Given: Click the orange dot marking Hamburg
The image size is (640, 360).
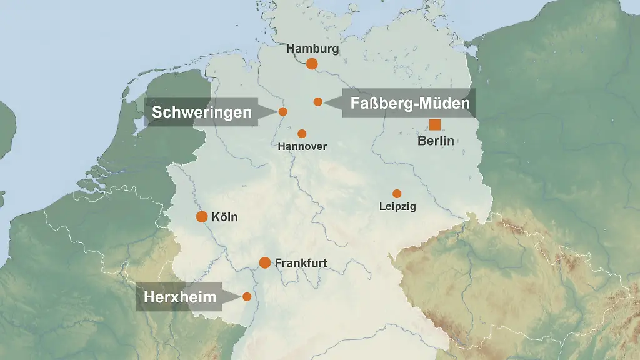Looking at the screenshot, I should pos(312,63).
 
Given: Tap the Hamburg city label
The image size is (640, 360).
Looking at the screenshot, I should pos(312,49).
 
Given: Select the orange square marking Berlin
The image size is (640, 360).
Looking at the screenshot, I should pos(435,124).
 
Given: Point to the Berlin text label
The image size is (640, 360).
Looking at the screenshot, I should pos(436,141).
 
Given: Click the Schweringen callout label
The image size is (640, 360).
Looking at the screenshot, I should pos(202,112).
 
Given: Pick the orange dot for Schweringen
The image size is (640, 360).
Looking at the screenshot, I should pos(282,111).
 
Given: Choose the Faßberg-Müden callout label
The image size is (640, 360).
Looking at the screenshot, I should pos(409,103).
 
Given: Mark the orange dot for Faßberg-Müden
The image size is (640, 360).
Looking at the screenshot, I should pos(318,101).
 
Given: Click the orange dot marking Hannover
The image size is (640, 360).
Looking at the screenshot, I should pos(302,134).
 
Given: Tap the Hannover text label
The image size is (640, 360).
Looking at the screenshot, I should pos(302,146).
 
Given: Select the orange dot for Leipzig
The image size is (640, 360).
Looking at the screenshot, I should pos(397,194).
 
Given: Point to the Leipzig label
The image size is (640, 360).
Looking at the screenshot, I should pos(397,206).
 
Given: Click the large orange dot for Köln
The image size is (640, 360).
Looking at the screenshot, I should pos(202,217).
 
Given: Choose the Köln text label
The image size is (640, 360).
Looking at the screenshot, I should pos(225,217).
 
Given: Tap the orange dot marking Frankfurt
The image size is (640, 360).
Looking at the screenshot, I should pos(265,262).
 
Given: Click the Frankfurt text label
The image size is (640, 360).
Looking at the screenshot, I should pos(301,263).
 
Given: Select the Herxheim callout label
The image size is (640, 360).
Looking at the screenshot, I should pos(181,297).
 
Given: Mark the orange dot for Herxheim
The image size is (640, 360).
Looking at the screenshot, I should pos(247,296).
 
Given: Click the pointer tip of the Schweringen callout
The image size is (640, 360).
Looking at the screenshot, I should pos(276,112).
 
